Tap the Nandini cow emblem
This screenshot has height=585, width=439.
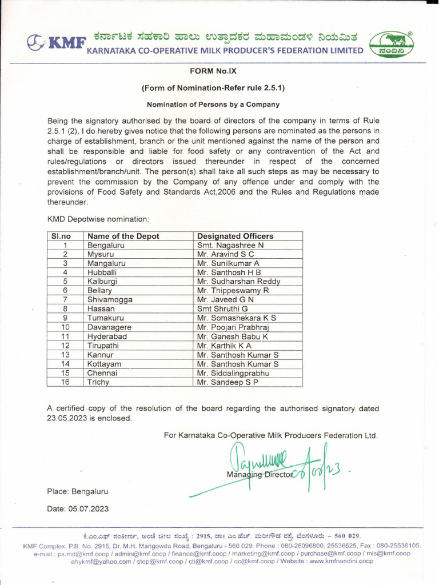click(x=394, y=43)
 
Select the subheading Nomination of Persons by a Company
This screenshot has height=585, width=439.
click(x=213, y=105)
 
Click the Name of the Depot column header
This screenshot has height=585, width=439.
click(x=123, y=236)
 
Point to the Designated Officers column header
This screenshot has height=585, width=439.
click(x=235, y=236)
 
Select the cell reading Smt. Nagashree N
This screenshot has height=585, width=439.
click(x=230, y=245)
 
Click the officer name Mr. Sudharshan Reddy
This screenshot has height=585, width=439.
click(x=238, y=282)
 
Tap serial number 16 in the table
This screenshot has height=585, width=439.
click(x=65, y=382)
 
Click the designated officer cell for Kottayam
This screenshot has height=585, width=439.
click(x=238, y=364)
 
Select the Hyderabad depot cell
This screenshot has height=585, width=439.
click(x=107, y=336)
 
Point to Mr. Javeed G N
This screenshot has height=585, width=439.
click(x=225, y=300)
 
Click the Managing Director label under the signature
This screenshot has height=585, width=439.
click(x=259, y=475)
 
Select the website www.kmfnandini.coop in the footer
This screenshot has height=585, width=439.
click(x=341, y=561)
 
